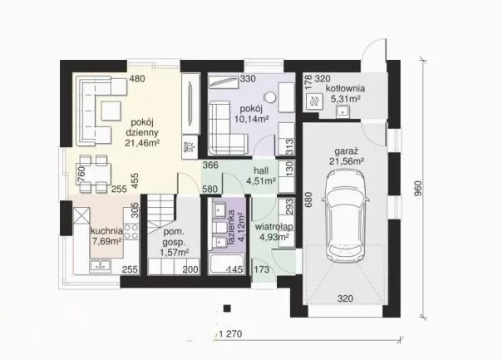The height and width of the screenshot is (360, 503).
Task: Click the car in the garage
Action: point(346,216)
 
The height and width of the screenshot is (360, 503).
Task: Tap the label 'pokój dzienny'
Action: point(142,127)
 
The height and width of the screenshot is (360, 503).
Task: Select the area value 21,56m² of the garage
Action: point(347,161)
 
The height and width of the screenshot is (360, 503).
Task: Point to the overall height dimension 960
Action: point(418,189)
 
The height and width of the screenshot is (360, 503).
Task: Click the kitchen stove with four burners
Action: point(131,232)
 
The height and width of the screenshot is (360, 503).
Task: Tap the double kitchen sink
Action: point(100,265)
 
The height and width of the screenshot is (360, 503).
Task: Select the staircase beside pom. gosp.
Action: point(160,212)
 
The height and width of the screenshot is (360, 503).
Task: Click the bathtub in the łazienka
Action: point(227,264)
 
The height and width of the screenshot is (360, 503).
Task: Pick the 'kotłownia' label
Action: point(345,89)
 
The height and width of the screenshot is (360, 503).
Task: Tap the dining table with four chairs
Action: point(93,174)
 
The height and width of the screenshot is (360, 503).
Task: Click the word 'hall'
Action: point(261,170)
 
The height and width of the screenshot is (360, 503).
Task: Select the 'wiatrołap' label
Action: point(274,227)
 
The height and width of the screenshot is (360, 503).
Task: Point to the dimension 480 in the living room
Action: point(137,79)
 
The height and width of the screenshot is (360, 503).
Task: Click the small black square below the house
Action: point(227,308)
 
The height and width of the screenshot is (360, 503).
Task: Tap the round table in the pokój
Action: point(270,97)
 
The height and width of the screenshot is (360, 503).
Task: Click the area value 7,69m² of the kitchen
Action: point(107,241)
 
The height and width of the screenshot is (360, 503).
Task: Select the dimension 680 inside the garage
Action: point(308,200)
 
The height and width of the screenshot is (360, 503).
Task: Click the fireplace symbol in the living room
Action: point(189,147)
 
